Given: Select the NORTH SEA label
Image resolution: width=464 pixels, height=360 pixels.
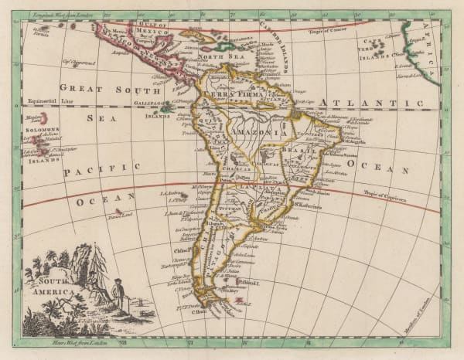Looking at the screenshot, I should coord(210,57).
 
